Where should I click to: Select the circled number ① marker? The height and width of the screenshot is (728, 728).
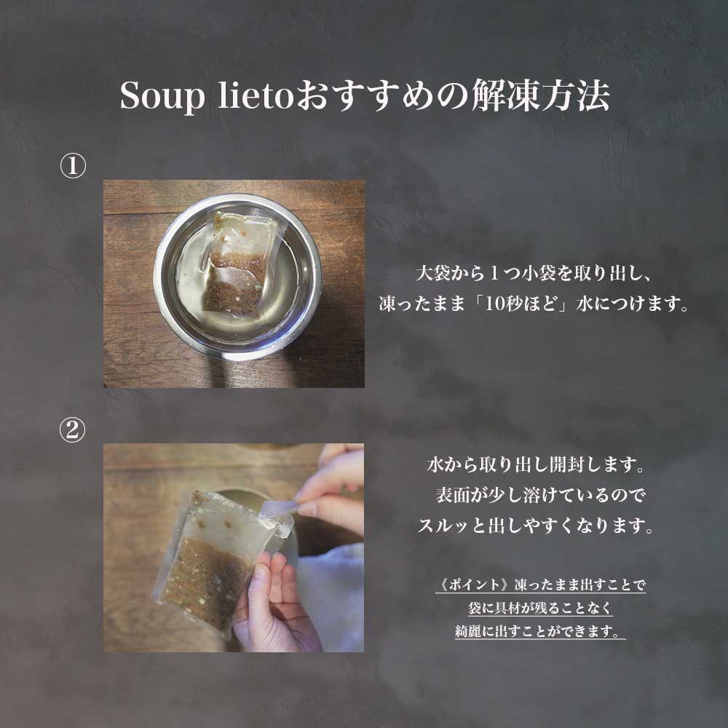(73, 166)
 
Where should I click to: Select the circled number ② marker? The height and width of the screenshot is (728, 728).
(73, 430)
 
